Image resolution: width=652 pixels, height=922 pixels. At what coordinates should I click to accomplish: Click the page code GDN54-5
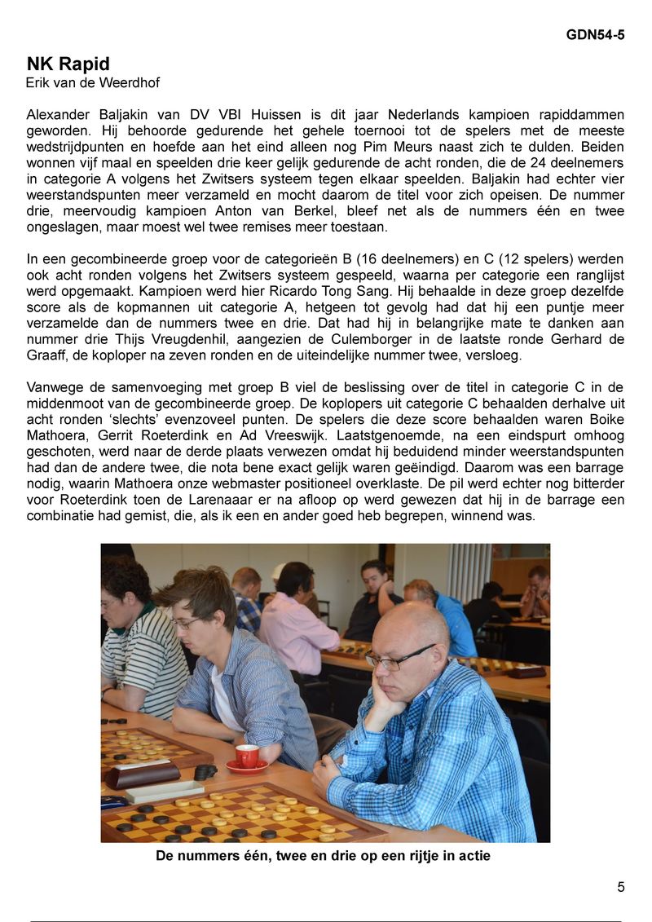(595, 35)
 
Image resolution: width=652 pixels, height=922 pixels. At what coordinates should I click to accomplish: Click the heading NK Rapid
(68, 64)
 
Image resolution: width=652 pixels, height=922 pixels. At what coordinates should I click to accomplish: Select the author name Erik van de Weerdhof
(93, 82)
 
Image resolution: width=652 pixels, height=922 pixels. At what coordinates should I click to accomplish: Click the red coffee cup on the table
(246, 756)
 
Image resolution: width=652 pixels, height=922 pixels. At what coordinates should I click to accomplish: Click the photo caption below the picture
(323, 856)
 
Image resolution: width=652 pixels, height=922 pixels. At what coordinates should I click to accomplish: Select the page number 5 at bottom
(620, 888)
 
